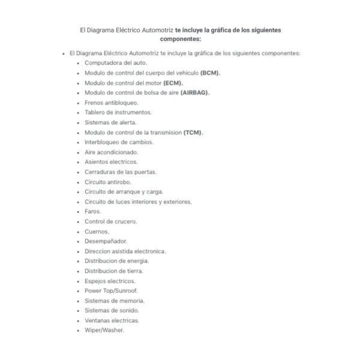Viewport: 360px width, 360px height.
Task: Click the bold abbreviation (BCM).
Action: click(x=210, y=73)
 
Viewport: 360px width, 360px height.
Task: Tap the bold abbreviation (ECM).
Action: click(x=173, y=83)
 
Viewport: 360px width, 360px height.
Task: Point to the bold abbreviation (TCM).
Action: click(x=193, y=132)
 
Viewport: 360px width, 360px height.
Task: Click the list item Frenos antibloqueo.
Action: click(x=107, y=103)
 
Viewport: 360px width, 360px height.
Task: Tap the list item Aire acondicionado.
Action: click(x=111, y=152)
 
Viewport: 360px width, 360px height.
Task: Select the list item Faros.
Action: click(x=92, y=211)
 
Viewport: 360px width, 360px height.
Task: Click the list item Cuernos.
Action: click(x=97, y=231)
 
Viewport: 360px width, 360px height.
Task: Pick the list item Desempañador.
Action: click(x=106, y=241)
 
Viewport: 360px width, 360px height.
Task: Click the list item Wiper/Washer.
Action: click(x=104, y=330)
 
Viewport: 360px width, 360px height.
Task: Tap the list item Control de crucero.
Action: click(x=110, y=221)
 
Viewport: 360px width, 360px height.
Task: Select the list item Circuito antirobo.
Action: click(x=107, y=181)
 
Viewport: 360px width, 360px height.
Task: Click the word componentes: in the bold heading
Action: click(x=181, y=38)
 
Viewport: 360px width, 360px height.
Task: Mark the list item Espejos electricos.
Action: click(x=110, y=280)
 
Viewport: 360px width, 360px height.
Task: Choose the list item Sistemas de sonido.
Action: click(x=112, y=310)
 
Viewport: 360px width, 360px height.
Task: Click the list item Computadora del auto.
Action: click(x=115, y=62)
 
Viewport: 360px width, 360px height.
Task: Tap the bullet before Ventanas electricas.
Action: click(x=78, y=320)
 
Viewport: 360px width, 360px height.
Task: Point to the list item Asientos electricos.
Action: click(x=111, y=161)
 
